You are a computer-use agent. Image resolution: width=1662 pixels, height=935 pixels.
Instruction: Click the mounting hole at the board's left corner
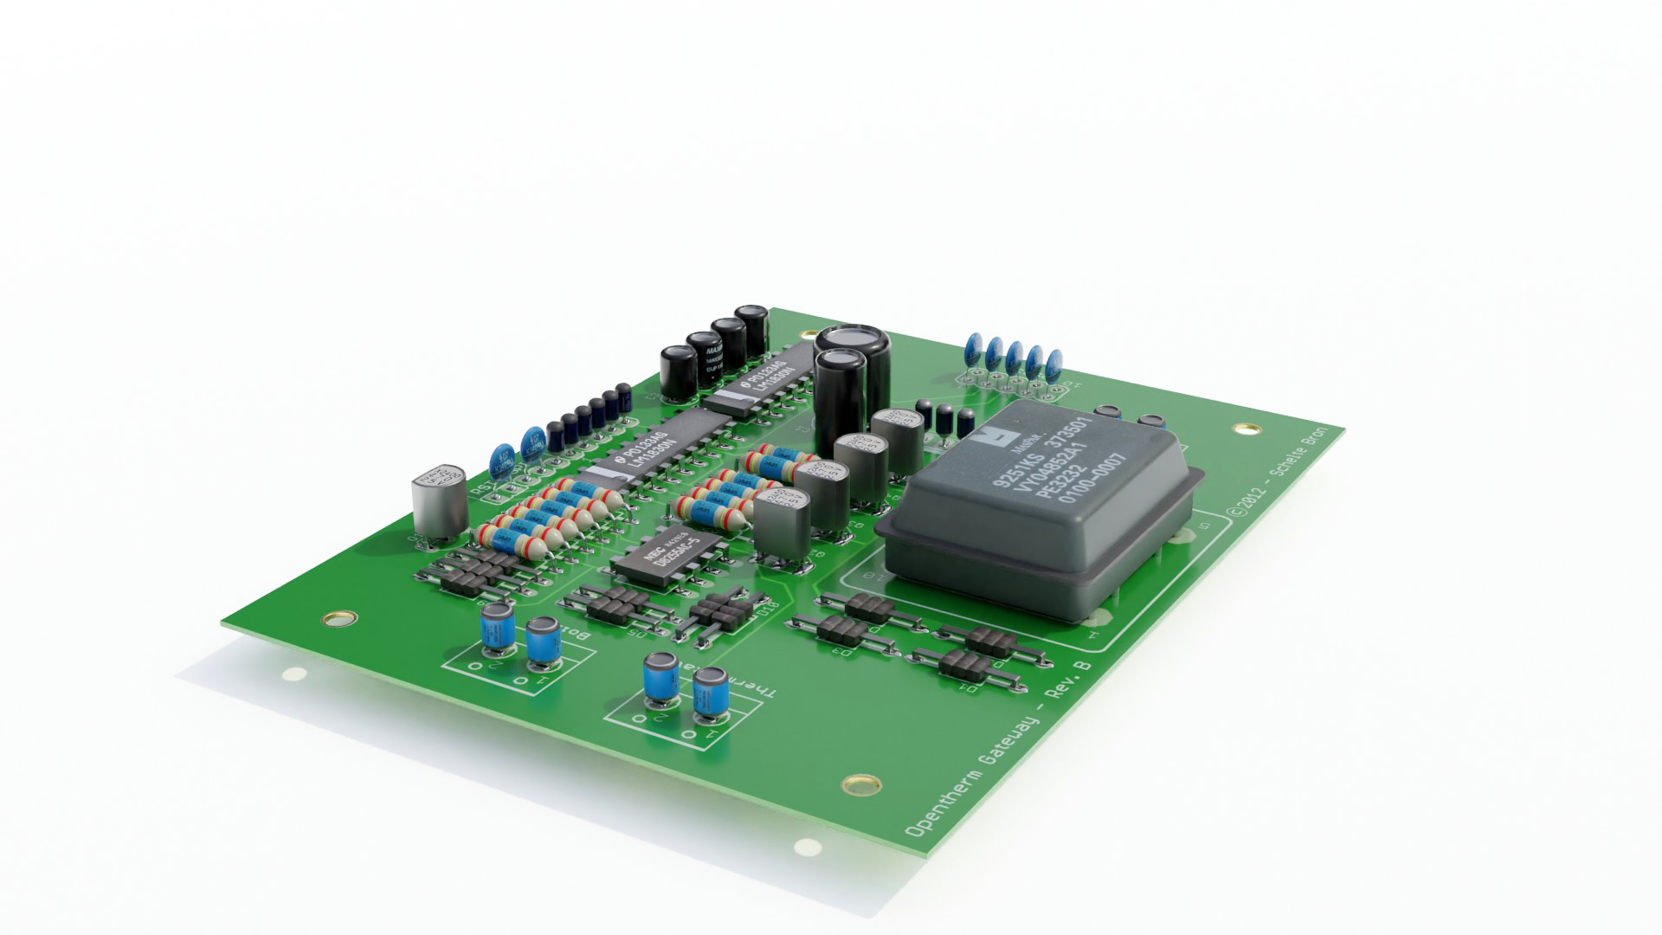click(338, 618)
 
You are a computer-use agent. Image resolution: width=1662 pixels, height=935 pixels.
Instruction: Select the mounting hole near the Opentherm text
click(859, 783)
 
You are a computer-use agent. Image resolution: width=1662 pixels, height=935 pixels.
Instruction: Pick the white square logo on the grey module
click(986, 437)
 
